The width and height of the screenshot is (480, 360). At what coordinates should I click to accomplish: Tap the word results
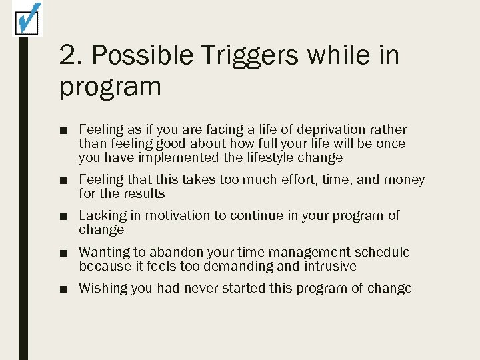coord(143,194)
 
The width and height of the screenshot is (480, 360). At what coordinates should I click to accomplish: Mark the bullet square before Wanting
coord(63,253)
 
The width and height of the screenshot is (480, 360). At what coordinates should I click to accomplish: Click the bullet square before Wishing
coord(63,289)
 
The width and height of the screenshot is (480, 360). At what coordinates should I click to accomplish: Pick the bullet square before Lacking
coord(63,216)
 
